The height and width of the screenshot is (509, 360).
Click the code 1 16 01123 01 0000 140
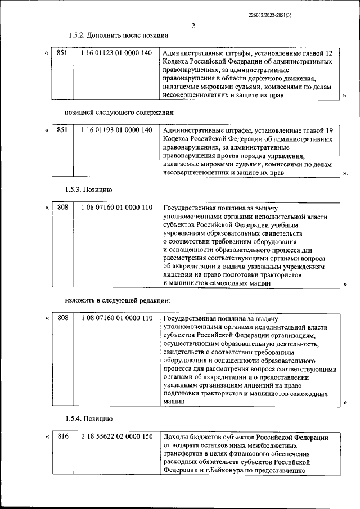click(116, 53)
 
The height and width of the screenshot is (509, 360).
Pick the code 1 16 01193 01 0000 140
click(116, 130)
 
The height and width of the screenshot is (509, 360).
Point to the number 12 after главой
click(329, 53)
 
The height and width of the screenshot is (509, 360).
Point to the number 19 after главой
click(329, 130)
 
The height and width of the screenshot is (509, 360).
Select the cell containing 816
click(62, 437)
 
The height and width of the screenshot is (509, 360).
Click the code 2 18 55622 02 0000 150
click(116, 437)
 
